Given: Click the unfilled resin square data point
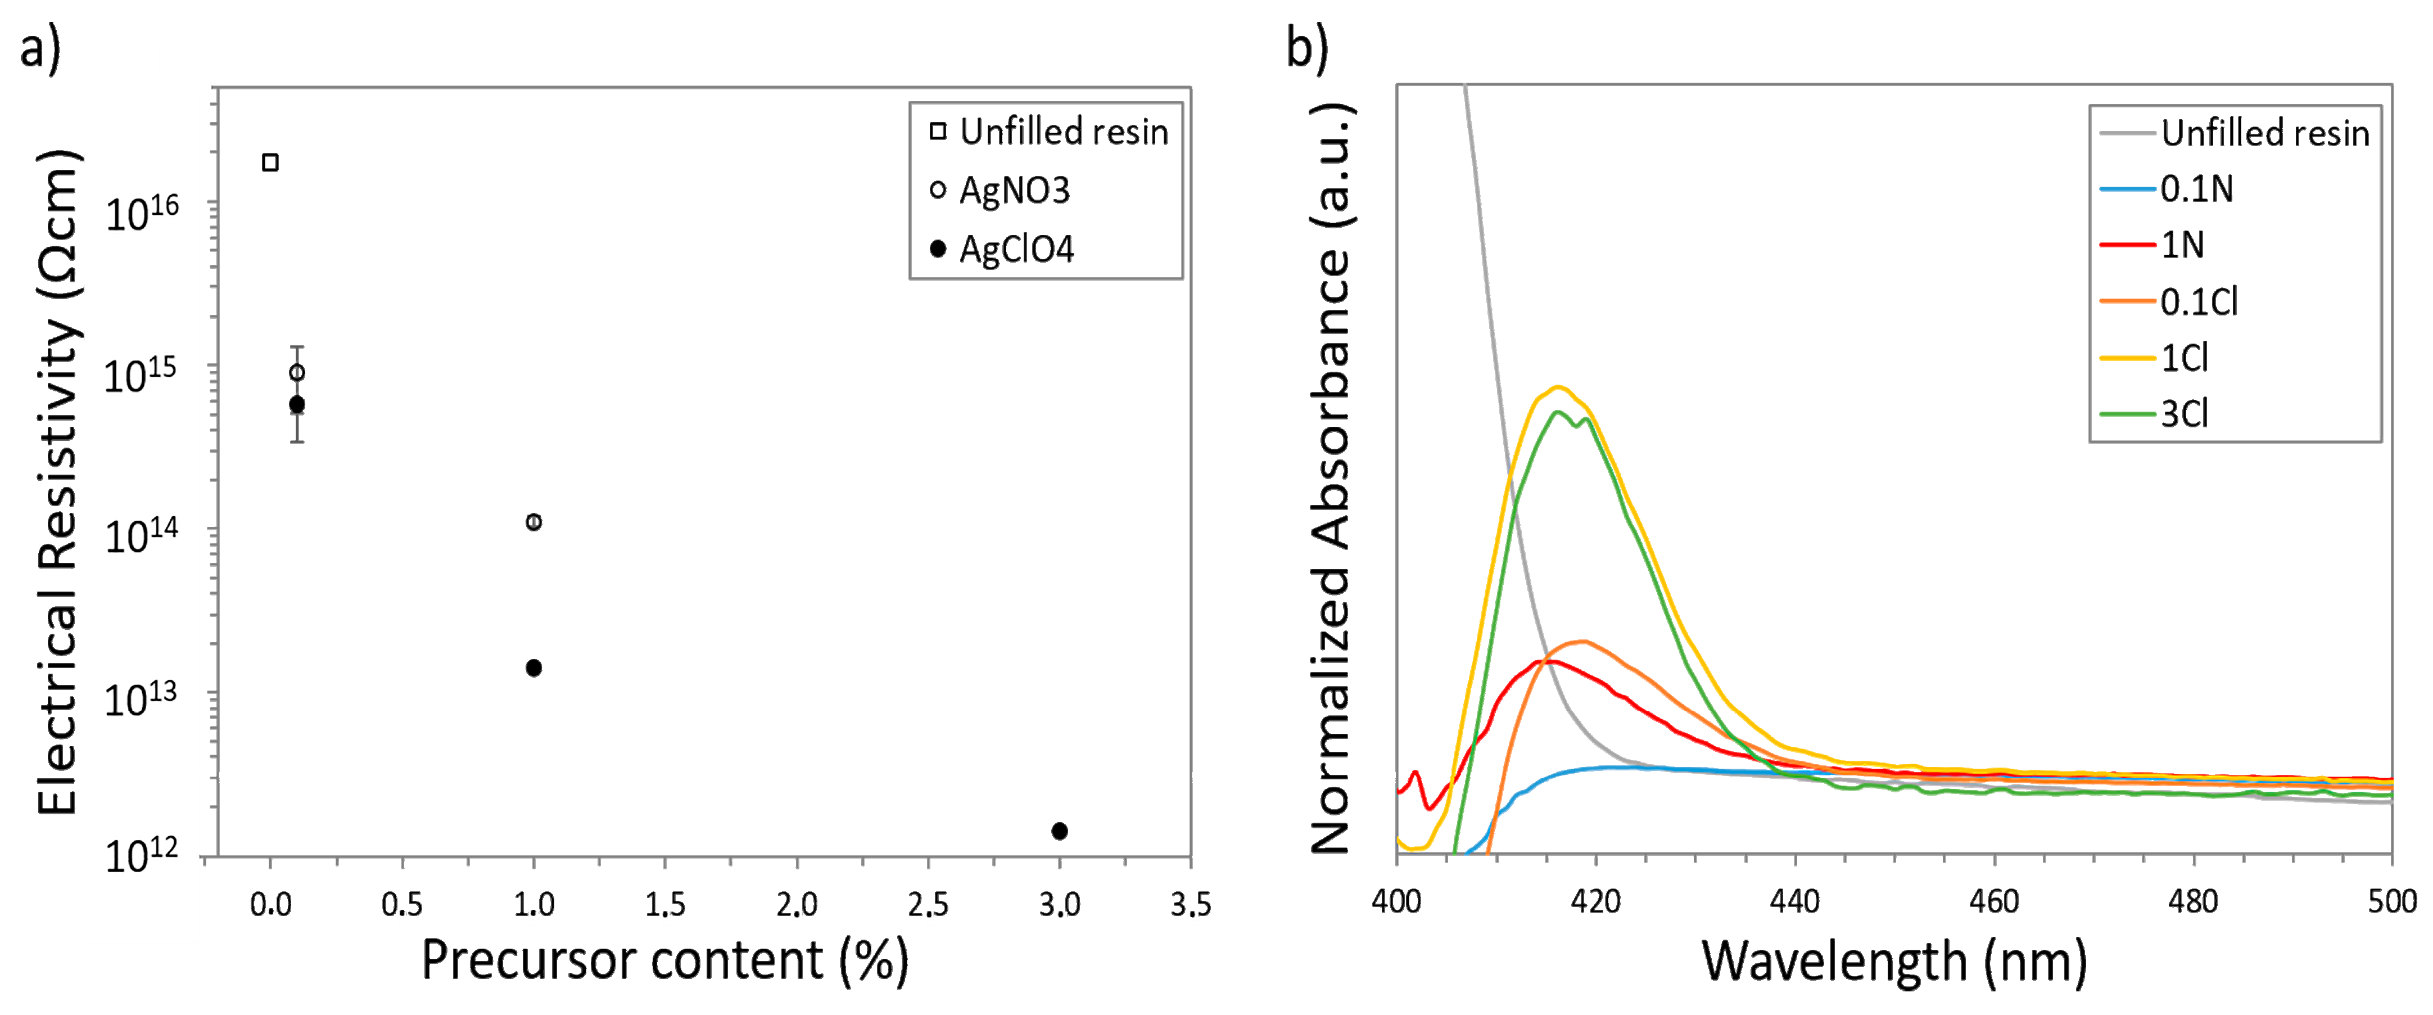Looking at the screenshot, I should click(270, 163).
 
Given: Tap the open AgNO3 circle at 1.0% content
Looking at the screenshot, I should click(533, 522).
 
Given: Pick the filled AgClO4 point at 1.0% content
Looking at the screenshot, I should click(533, 667).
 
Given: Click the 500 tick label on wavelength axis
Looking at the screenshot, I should click(2391, 901).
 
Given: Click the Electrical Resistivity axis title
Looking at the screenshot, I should click(58, 482).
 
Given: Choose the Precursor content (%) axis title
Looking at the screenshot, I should click(664, 961).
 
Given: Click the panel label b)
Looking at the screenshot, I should click(1307, 47).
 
